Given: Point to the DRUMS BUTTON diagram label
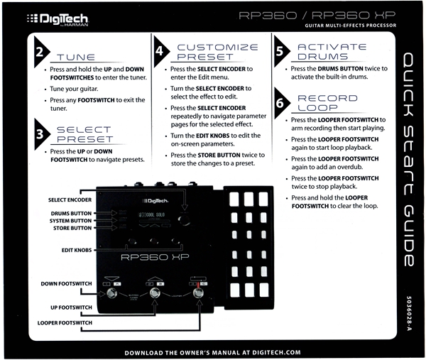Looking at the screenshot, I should coord(71,212).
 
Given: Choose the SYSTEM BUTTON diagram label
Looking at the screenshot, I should coord(70,220).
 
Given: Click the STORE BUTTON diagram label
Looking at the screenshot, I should coord(72,228).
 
